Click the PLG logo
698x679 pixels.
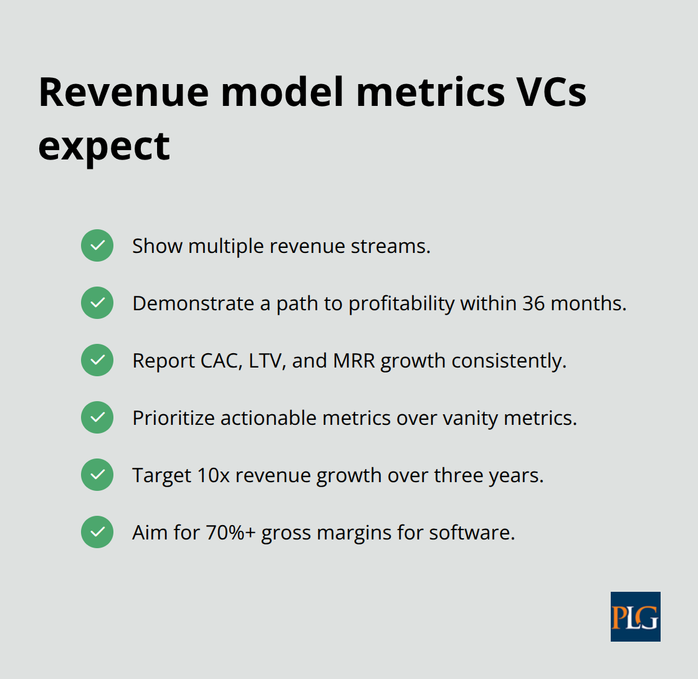tap(635, 616)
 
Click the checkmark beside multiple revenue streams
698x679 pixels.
tap(97, 245)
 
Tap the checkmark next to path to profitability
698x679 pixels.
tap(97, 303)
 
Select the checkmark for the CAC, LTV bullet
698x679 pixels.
tap(97, 360)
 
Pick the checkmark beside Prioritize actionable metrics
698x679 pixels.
tap(97, 417)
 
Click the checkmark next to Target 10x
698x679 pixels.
tap(97, 475)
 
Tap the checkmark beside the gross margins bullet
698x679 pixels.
tap(97, 532)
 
